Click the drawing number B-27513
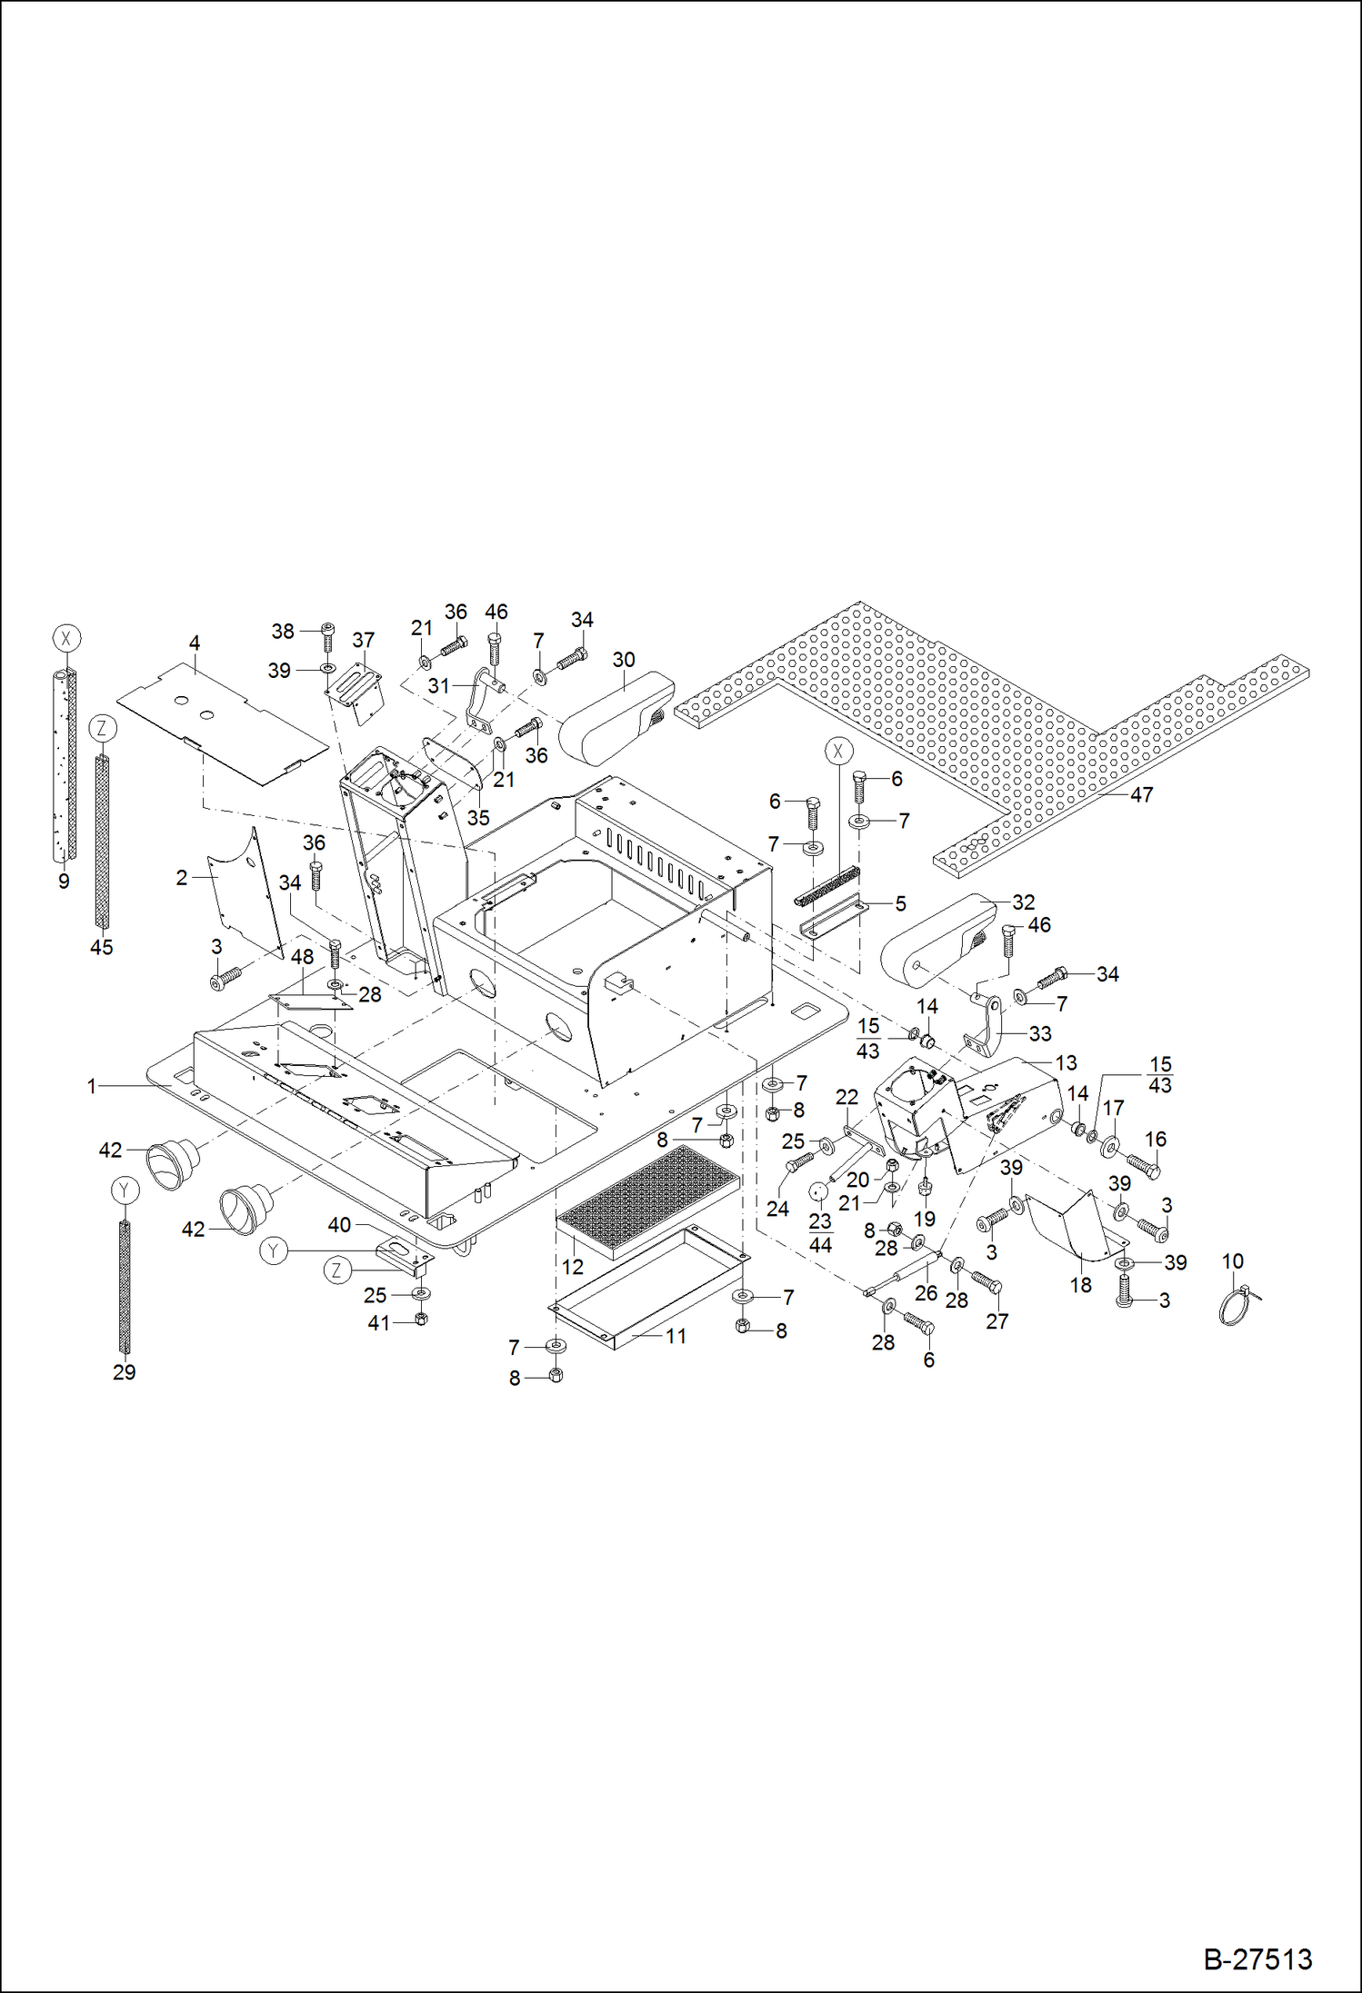coord(1257,1958)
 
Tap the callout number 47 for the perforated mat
coord(1141,794)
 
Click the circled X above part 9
coord(65,638)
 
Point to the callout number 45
coord(101,947)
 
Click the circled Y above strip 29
coord(125,1190)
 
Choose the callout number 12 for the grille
coord(572,1267)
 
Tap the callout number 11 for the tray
coord(676,1336)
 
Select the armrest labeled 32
coord(936,941)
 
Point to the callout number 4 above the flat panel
coord(194,643)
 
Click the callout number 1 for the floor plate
coord(91,1085)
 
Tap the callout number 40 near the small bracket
coord(339,1225)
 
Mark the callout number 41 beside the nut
coord(378,1323)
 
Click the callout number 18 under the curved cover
coord(1080,1285)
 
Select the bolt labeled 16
coord(1144,1163)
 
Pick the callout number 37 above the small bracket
coord(363,640)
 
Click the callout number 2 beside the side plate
coord(181,878)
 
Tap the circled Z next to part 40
coord(337,1271)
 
